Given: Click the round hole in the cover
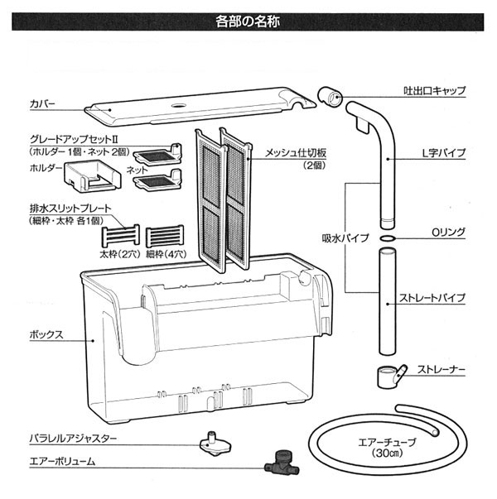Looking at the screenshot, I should click(177, 107).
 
